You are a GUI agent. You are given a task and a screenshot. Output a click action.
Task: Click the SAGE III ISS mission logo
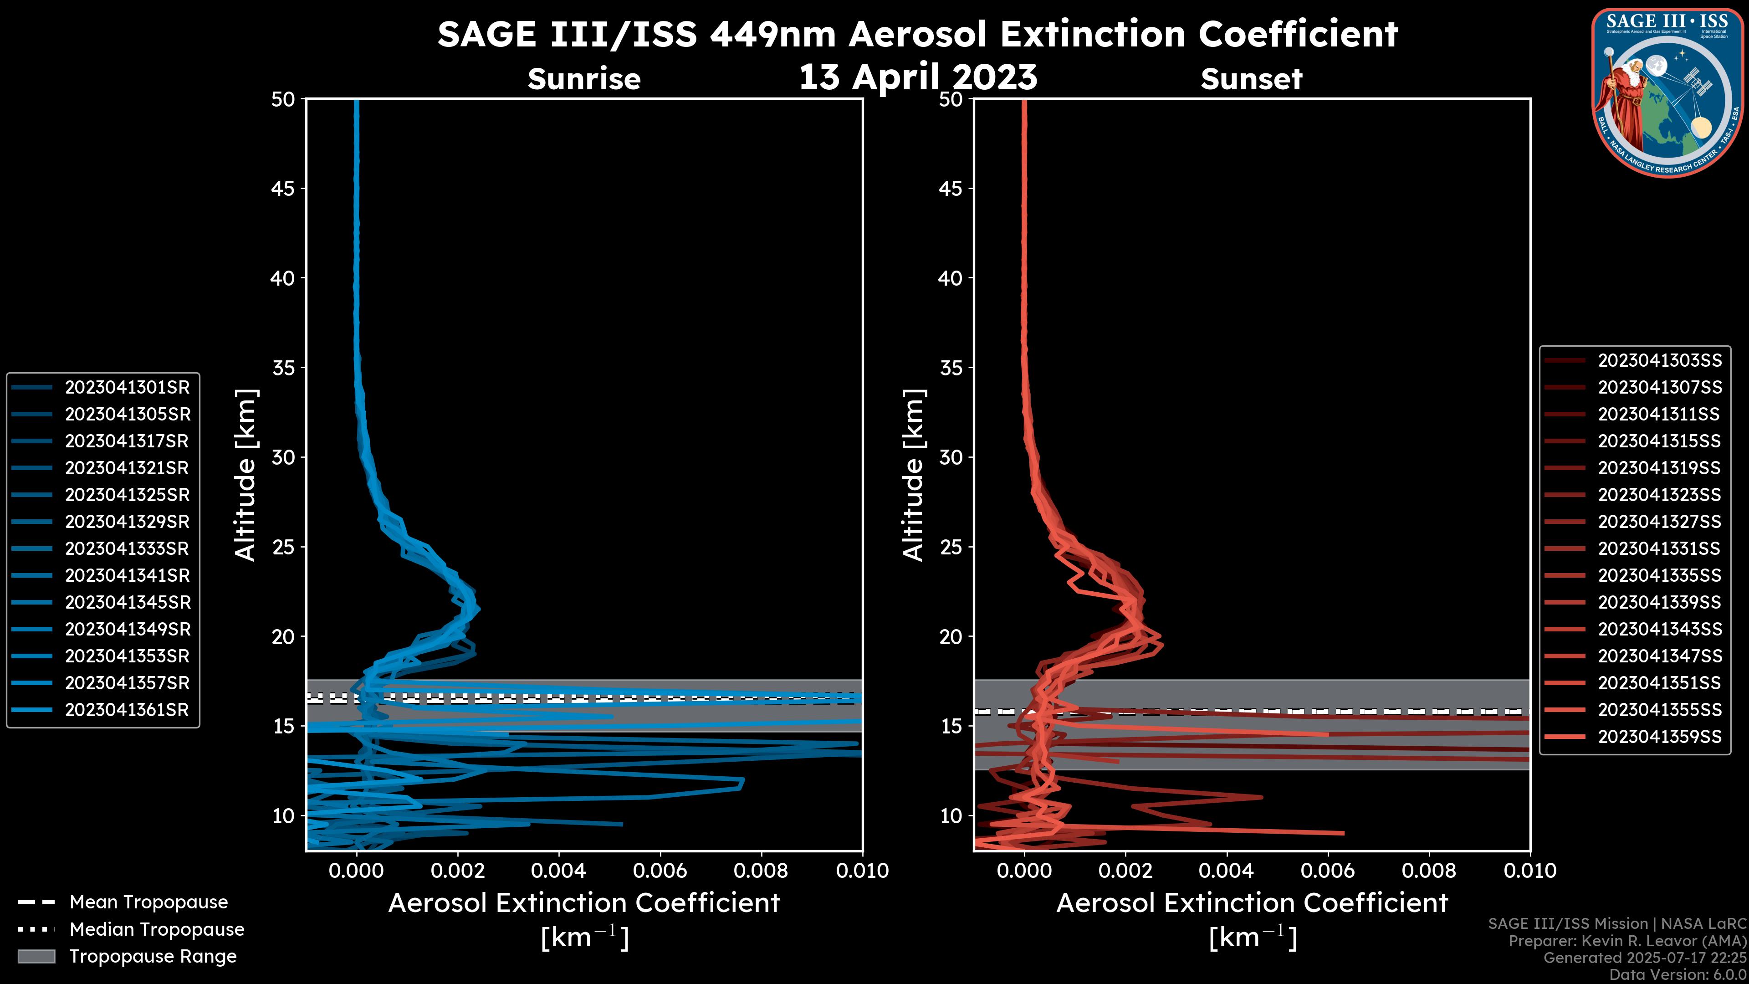tap(1667, 92)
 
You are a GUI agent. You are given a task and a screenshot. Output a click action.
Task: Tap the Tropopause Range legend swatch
tap(36, 957)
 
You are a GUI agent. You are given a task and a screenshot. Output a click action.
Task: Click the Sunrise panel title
tap(584, 79)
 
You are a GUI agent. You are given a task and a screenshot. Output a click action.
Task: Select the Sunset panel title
tap(1251, 79)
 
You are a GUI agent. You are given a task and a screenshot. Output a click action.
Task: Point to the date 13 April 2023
tap(918, 77)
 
